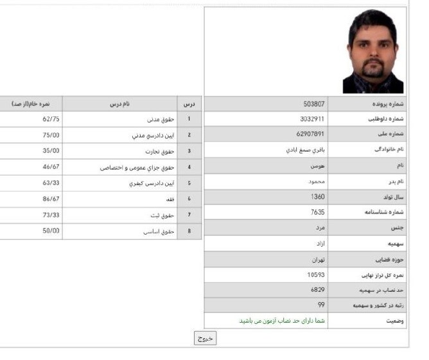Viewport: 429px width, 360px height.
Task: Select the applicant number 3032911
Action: [312, 119]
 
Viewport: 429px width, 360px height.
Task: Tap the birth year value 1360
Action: [317, 197]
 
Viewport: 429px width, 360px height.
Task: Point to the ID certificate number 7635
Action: [317, 212]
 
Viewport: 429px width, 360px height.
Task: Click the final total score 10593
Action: [316, 274]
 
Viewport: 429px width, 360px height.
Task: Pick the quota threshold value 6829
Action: [317, 290]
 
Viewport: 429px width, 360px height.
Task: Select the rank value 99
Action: [320, 305]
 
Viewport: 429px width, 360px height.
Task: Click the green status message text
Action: [283, 321]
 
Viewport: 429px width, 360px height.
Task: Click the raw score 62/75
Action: [51, 119]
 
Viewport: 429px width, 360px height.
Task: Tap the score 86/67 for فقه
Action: [51, 199]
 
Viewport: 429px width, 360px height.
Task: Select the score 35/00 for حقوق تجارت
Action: [51, 151]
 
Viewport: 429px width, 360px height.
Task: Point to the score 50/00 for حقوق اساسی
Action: [51, 231]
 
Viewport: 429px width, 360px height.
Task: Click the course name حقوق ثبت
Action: [158, 215]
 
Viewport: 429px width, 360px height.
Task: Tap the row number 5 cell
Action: [189, 183]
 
